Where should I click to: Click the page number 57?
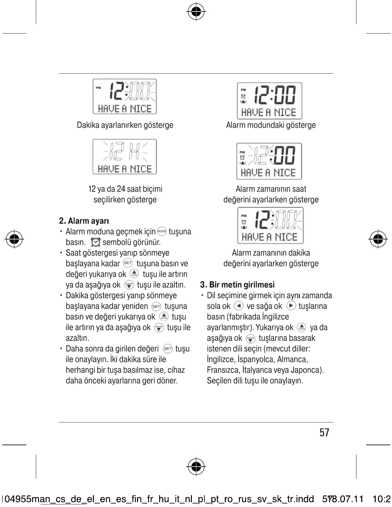pos(324,433)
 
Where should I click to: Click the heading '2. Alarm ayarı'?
pos(84,221)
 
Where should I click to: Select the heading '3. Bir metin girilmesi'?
pos(237,285)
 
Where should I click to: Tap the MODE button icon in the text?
pos(162,231)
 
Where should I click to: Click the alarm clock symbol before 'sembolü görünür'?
pos(96,242)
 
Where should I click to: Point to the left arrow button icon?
pos(239,306)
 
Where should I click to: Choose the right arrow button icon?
pos(291,306)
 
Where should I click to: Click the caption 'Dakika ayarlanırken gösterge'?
pos(125,125)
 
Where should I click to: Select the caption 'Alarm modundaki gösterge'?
pos(271,125)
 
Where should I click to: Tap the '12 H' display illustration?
pos(125,157)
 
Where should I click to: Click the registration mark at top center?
pos(196,12)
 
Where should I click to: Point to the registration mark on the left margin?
pos(14,238)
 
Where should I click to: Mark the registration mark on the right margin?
pos(378,238)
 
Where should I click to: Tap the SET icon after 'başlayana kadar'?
pos(128,263)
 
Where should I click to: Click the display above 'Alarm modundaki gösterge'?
pos(269,101)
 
